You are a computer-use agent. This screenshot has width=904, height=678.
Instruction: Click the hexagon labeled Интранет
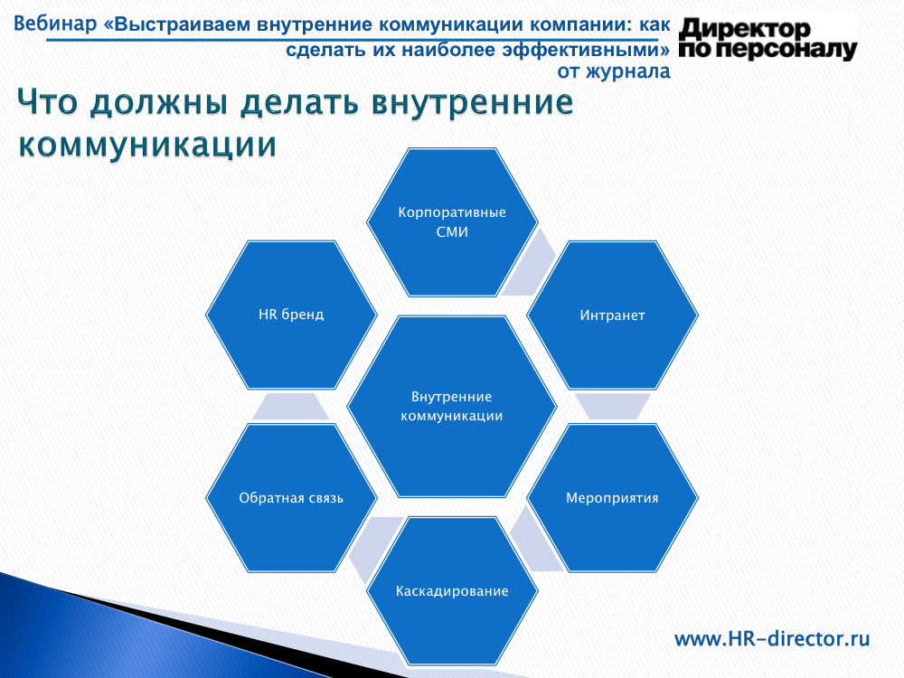[x=612, y=315]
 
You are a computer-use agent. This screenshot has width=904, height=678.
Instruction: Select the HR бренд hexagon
[x=291, y=315]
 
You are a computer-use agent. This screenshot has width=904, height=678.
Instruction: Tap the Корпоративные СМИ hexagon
[x=452, y=222]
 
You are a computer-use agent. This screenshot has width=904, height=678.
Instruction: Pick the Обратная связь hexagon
[x=291, y=498]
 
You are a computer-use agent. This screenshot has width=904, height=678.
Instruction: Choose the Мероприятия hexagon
[x=612, y=498]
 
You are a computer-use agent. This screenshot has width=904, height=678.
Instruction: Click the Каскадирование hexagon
[x=452, y=591]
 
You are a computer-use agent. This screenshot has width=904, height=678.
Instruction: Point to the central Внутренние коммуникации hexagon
[x=452, y=407]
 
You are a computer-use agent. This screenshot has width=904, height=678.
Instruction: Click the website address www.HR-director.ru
[x=772, y=639]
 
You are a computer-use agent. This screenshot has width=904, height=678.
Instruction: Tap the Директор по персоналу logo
[x=767, y=39]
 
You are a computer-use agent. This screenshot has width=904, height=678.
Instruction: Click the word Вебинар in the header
[x=55, y=24]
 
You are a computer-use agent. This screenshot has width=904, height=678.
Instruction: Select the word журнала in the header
[x=628, y=71]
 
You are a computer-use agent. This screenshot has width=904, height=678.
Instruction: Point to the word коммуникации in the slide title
[x=147, y=144]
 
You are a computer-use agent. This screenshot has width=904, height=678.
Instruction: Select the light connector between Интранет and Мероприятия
[x=612, y=407]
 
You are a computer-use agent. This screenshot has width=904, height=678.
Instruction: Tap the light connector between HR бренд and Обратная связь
[x=290, y=407]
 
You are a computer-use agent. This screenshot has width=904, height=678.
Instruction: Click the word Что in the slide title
[x=47, y=103]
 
